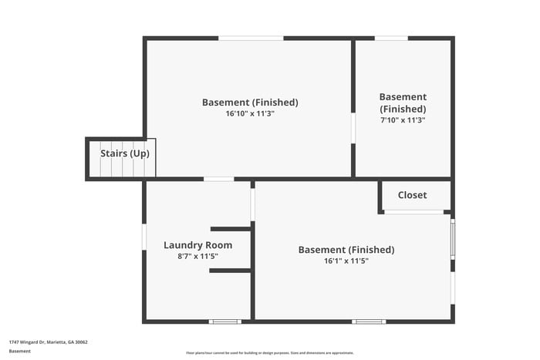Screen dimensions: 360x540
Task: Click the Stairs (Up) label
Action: point(125,153)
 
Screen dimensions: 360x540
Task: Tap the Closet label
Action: point(412,195)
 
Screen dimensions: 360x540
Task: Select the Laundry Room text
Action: point(197,245)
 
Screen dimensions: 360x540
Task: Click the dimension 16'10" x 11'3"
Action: point(250,113)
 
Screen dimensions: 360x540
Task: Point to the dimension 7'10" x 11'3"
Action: point(403,119)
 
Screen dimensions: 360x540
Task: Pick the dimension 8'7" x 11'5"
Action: point(197,256)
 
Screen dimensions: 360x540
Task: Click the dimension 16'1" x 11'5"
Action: point(346,261)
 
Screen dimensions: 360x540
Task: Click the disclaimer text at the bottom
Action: point(269,352)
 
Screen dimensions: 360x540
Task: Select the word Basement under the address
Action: point(20,351)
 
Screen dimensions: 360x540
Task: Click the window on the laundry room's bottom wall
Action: point(225,321)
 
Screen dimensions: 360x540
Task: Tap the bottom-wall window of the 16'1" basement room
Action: point(369,321)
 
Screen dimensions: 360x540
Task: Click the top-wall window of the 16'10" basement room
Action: point(251,38)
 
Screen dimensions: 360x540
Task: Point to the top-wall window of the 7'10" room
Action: point(391,38)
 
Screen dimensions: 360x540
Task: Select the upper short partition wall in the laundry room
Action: point(231,229)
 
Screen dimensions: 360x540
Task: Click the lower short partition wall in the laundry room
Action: point(231,270)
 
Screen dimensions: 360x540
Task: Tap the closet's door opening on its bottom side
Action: point(415,212)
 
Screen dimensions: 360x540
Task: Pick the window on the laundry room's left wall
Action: point(144,236)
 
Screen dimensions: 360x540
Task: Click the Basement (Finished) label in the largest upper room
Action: point(250,103)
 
